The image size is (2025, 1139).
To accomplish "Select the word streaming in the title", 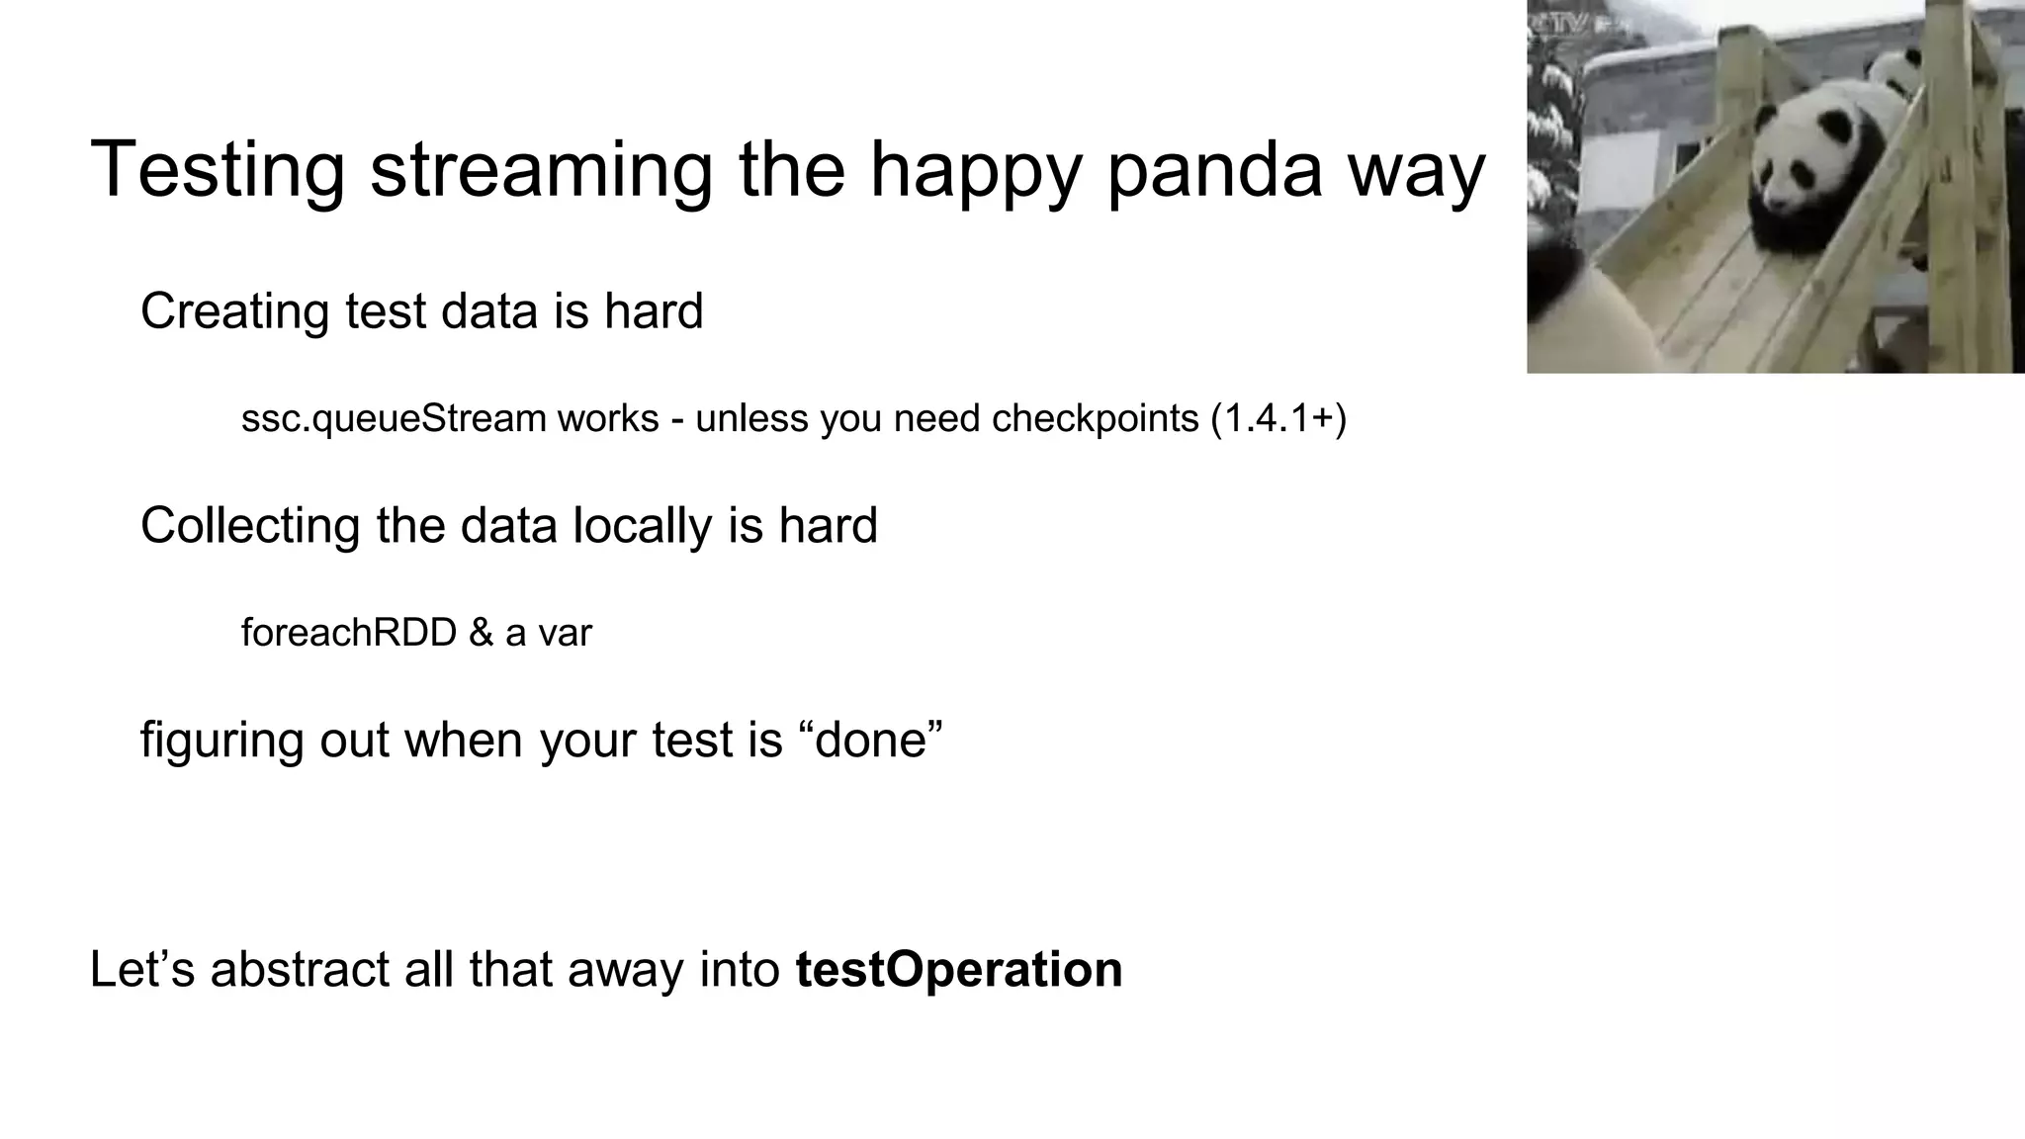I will [x=541, y=170].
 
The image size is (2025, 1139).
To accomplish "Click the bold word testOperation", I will [x=958, y=969].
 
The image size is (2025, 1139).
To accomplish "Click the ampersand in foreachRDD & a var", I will [x=481, y=633].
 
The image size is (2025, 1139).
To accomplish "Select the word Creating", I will [x=234, y=311].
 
